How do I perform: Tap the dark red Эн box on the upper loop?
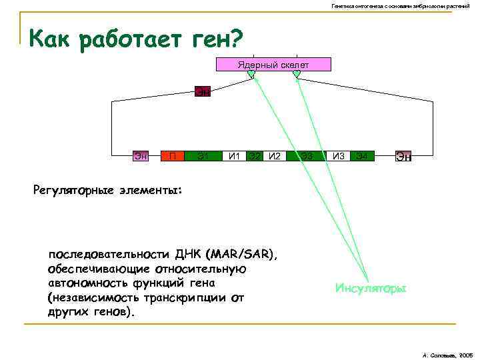[x=202, y=91]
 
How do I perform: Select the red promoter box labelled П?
[x=173, y=157]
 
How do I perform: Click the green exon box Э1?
[x=203, y=157]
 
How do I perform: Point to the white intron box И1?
[x=234, y=157]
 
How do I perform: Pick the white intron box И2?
[x=274, y=157]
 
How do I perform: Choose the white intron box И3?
[x=339, y=157]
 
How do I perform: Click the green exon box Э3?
[x=307, y=157]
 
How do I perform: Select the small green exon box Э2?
[x=254, y=157]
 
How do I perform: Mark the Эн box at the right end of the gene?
[x=403, y=157]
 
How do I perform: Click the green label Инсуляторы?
[x=370, y=289]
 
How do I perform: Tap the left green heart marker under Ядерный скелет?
[x=251, y=75]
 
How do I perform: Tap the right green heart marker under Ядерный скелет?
[x=296, y=75]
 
